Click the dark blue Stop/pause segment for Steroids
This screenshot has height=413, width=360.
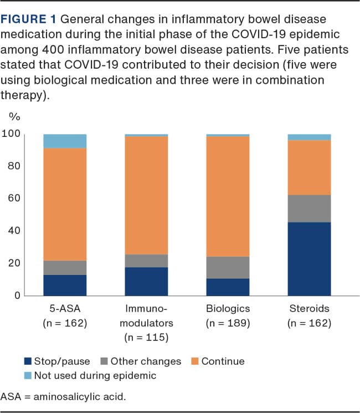pos(309,259)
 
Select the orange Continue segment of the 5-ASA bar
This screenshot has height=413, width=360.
pos(65,204)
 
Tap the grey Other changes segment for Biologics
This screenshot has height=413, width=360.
pos(228,267)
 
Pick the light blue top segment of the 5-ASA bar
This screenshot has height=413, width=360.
pos(65,141)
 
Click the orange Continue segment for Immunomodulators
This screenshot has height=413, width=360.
pos(146,195)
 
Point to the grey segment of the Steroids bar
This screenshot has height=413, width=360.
pos(309,208)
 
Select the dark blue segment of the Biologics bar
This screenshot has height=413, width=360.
pos(228,287)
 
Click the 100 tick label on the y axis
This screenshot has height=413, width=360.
pos(11,134)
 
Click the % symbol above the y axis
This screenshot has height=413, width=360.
pos(15,117)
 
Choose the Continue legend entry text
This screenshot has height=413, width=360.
pos(223,361)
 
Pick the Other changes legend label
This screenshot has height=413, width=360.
pos(146,361)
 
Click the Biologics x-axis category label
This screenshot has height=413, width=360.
pos(228,308)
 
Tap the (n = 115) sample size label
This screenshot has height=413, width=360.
pos(146,336)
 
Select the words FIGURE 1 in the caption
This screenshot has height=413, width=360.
pos(27,19)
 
